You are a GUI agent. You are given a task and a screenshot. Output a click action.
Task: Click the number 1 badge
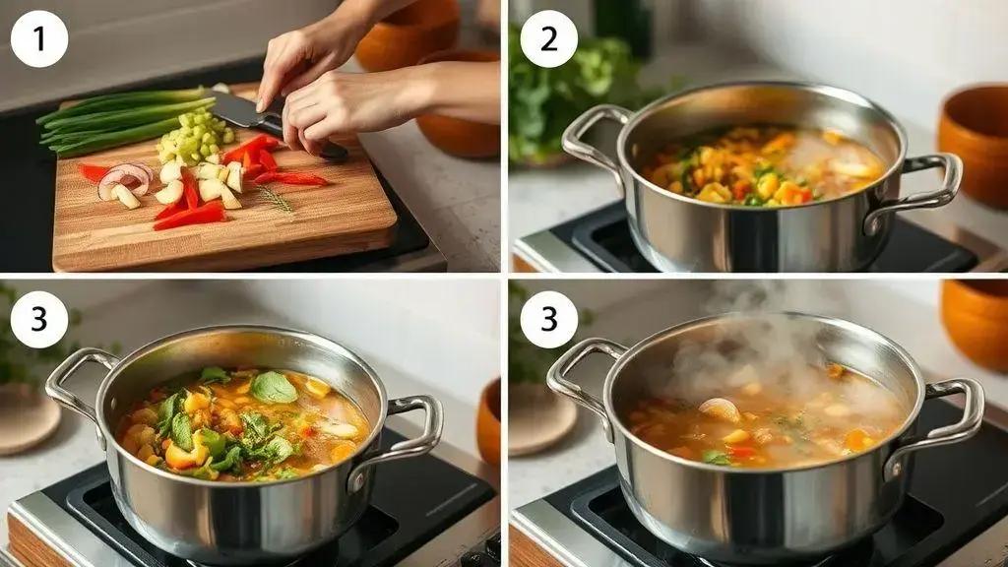tap(39, 38)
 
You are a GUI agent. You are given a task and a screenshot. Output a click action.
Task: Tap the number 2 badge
tap(549, 38)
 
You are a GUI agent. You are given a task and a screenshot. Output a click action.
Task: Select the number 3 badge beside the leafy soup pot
tap(39, 320)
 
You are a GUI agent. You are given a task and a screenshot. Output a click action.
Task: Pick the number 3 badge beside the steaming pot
tap(549, 320)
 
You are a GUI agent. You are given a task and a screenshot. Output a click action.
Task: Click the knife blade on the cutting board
tap(239, 110)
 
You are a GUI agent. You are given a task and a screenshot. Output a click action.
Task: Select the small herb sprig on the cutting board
tap(275, 199)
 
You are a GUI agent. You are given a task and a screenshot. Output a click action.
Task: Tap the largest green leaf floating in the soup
tap(274, 387)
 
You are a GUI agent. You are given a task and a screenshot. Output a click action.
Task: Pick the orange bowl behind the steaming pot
tap(975, 325)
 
